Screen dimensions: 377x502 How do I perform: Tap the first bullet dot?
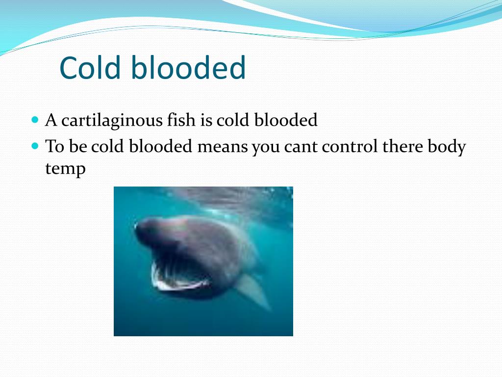34,119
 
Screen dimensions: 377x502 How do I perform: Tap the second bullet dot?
34,146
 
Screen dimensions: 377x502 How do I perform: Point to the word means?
223,146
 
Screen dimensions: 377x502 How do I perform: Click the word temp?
65,169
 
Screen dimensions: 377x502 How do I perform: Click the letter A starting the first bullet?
51,120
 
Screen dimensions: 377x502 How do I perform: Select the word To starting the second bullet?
54,146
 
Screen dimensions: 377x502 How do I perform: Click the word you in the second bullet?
265,147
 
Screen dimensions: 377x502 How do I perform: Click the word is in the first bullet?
205,120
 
